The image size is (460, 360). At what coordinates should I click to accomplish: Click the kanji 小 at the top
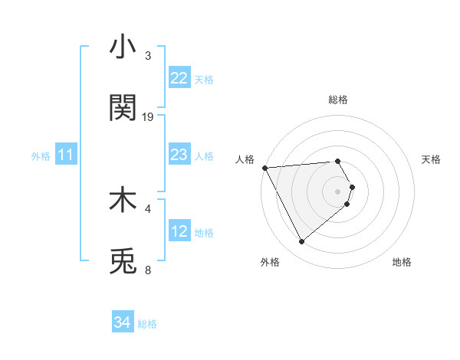(123, 47)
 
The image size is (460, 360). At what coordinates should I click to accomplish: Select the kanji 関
(123, 108)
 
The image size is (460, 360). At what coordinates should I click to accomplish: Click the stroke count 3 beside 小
(148, 56)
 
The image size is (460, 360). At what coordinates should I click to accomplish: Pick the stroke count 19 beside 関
(148, 117)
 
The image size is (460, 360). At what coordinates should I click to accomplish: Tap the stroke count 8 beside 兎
(148, 270)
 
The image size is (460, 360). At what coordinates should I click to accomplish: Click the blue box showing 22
(179, 78)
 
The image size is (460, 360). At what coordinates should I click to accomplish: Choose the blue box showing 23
(179, 155)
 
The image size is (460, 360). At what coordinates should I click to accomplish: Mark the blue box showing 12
(179, 231)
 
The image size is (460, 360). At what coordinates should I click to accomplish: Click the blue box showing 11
(66, 155)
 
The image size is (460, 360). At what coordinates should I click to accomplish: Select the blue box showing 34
(123, 322)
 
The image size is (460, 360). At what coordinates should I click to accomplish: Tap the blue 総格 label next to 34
(147, 324)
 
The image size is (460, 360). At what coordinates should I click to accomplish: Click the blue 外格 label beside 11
(41, 156)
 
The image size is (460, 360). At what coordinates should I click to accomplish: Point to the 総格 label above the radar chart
(338, 100)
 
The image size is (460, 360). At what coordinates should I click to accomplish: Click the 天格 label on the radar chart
(431, 159)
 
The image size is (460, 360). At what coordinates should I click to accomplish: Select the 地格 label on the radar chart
(402, 262)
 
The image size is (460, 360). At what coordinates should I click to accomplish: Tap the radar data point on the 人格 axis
(264, 168)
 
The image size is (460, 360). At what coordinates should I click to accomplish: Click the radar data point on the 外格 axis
(301, 242)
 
